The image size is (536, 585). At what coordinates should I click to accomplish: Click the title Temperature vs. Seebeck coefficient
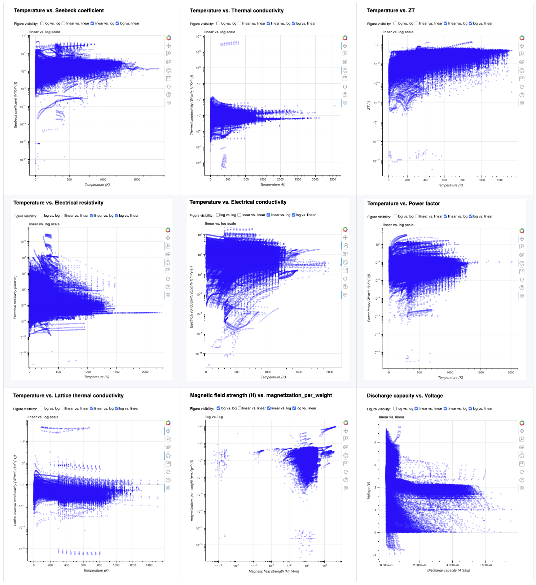59,10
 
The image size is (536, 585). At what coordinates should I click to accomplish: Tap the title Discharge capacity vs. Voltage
405,396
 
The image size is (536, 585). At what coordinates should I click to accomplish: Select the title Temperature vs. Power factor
403,204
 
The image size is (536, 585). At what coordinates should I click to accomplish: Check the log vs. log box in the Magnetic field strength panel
219,408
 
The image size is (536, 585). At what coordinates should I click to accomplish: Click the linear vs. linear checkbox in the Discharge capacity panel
417,409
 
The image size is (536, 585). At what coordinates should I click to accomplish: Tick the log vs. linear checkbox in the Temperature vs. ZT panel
470,23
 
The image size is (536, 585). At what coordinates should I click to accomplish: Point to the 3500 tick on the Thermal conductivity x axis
333,179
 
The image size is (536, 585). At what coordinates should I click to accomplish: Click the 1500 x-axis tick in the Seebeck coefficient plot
137,179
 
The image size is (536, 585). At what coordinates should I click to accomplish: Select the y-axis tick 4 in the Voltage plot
375,442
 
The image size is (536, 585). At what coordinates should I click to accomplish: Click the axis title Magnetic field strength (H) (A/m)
274,571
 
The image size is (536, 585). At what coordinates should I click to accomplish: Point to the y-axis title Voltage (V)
369,490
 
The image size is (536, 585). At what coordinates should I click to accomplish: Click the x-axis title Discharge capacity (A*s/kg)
448,571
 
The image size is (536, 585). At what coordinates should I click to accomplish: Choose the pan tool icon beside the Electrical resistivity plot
168,238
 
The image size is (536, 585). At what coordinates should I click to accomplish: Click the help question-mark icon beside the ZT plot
522,95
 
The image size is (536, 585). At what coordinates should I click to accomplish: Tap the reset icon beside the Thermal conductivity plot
345,87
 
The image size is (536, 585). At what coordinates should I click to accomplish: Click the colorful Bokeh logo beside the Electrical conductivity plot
345,229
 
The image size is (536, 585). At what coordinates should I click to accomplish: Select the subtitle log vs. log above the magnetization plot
214,417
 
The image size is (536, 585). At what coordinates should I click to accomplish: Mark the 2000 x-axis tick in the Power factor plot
511,372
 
